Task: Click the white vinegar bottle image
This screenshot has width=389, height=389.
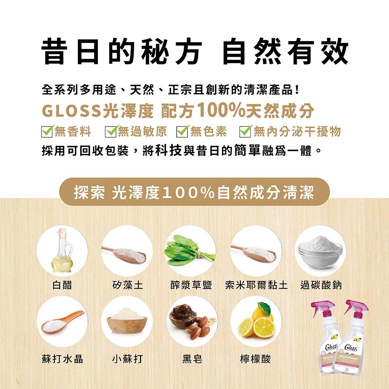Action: point(62,251)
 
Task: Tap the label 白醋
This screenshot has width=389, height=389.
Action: point(62,286)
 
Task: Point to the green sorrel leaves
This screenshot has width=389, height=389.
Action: point(190,251)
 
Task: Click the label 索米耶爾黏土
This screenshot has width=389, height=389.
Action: point(256,286)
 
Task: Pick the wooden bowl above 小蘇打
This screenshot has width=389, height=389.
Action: point(126,321)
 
